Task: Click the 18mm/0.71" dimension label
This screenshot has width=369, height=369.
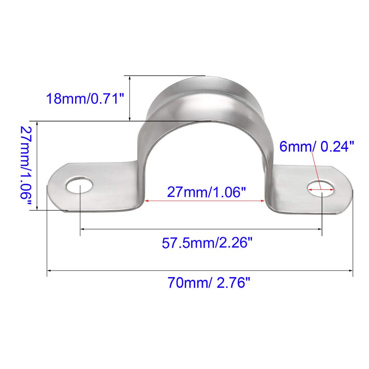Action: (x=85, y=99)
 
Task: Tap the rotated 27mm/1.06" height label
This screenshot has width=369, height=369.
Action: (x=25, y=165)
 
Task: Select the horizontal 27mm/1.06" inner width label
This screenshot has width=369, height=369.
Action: (x=206, y=192)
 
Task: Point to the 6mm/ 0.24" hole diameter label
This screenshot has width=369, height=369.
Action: (x=317, y=146)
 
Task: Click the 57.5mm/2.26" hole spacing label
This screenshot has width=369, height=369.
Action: (x=207, y=243)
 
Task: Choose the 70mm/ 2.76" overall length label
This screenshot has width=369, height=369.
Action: (x=209, y=282)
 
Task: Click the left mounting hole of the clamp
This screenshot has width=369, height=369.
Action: (x=80, y=185)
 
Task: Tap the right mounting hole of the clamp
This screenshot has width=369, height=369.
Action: (x=321, y=189)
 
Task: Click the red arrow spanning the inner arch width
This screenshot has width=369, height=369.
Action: (x=205, y=201)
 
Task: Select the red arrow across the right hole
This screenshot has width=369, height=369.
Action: (x=321, y=189)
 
